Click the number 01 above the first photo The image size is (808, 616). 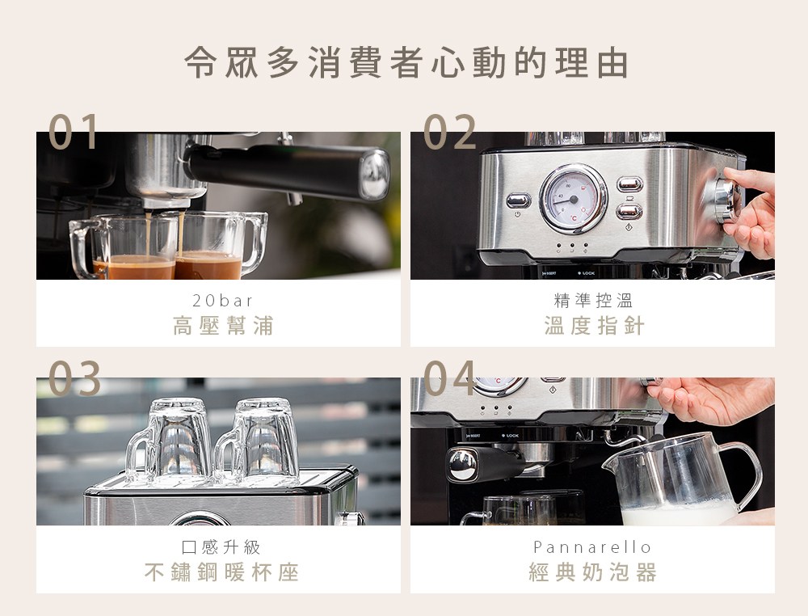tap(74, 132)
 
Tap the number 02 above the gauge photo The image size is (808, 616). tap(449, 132)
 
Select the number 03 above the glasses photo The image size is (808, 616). tap(74, 378)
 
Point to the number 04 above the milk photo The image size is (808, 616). tap(449, 378)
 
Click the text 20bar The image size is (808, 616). tap(223, 300)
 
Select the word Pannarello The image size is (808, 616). tap(592, 546)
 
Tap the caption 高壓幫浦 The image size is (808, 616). tap(223, 326)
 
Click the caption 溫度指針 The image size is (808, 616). tap(594, 326)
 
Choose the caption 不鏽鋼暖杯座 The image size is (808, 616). tap(221, 572)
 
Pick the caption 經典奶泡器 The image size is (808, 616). tap(592, 572)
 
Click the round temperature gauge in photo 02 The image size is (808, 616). tap(573, 199)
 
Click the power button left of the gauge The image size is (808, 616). tap(518, 200)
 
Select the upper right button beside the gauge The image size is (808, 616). tap(629, 184)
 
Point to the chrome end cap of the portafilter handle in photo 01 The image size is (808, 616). tap(375, 175)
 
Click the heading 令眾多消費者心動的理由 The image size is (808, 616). tap(406, 62)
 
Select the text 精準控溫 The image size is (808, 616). tap(593, 300)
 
